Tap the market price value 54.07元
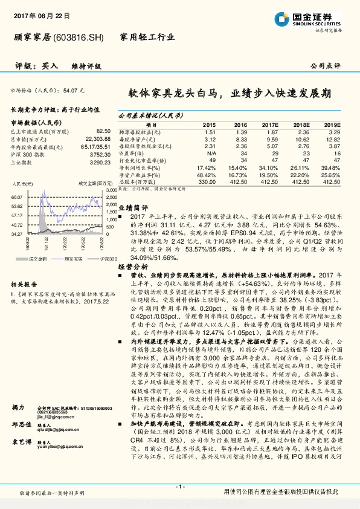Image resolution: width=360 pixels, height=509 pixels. (74, 89)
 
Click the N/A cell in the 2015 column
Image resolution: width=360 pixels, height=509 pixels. (209, 154)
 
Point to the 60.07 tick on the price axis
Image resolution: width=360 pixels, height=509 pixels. (17, 197)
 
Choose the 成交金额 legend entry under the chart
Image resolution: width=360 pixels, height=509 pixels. (39, 259)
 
